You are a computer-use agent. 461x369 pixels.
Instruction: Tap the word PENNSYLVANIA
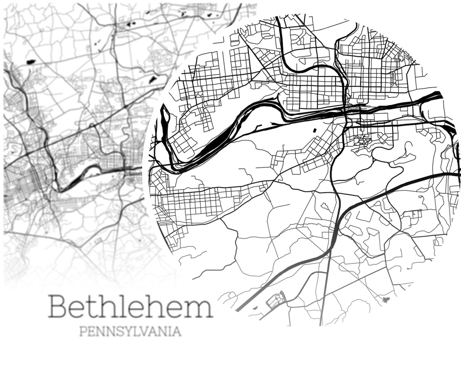[x=130, y=332]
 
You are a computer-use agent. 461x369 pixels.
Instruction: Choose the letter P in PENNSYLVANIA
[x=83, y=332]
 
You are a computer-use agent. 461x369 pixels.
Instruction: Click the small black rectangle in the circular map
[x=314, y=130]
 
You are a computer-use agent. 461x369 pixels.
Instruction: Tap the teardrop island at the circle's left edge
[x=164, y=116]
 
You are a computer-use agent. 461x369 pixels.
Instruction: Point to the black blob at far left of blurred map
[x=30, y=62]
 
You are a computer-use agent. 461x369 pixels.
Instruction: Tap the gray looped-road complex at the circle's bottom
[x=276, y=299]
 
